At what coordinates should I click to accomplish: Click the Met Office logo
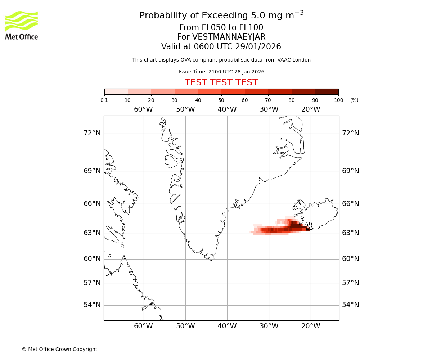point(22,25)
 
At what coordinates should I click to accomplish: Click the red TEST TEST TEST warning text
point(221,82)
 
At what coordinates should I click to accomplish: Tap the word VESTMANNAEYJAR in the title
point(229,37)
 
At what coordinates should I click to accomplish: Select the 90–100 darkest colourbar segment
point(327,91)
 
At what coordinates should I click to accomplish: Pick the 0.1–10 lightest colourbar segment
point(116,91)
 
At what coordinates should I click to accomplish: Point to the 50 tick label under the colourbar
point(221,100)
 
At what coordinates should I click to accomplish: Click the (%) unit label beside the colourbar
point(354,100)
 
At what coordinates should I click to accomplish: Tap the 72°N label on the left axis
point(92,133)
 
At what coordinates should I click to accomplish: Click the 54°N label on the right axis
point(350,305)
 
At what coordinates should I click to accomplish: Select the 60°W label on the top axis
point(143,109)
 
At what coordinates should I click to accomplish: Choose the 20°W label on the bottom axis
point(311,326)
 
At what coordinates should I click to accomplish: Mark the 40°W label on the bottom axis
point(227,326)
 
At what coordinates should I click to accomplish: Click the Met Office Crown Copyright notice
point(59,349)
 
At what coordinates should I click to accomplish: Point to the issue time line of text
point(221,72)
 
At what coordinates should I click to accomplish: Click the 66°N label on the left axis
point(92,204)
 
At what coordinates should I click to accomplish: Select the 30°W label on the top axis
point(269,109)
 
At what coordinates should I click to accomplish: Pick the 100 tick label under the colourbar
point(338,100)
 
